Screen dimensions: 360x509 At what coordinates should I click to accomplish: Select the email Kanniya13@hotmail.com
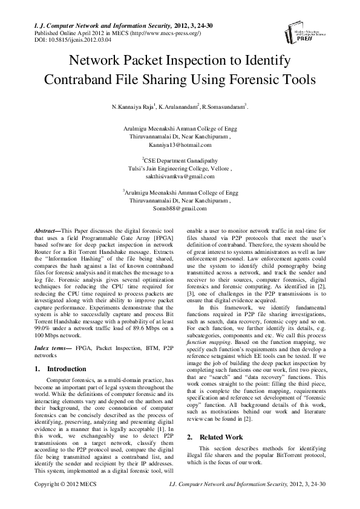coord(180,145)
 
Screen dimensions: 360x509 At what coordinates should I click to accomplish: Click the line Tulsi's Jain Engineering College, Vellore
coord(180,169)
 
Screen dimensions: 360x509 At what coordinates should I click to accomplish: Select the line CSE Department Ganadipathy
coord(180,161)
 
